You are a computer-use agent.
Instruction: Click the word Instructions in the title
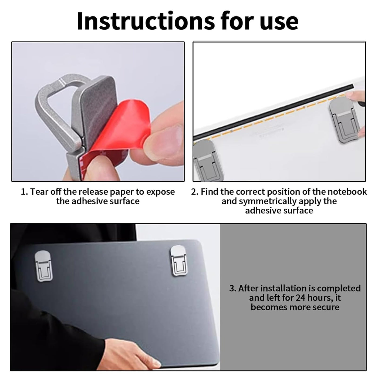[x=146, y=21]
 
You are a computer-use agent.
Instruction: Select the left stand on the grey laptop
[x=43, y=266]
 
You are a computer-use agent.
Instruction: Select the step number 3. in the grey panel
[x=233, y=289]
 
